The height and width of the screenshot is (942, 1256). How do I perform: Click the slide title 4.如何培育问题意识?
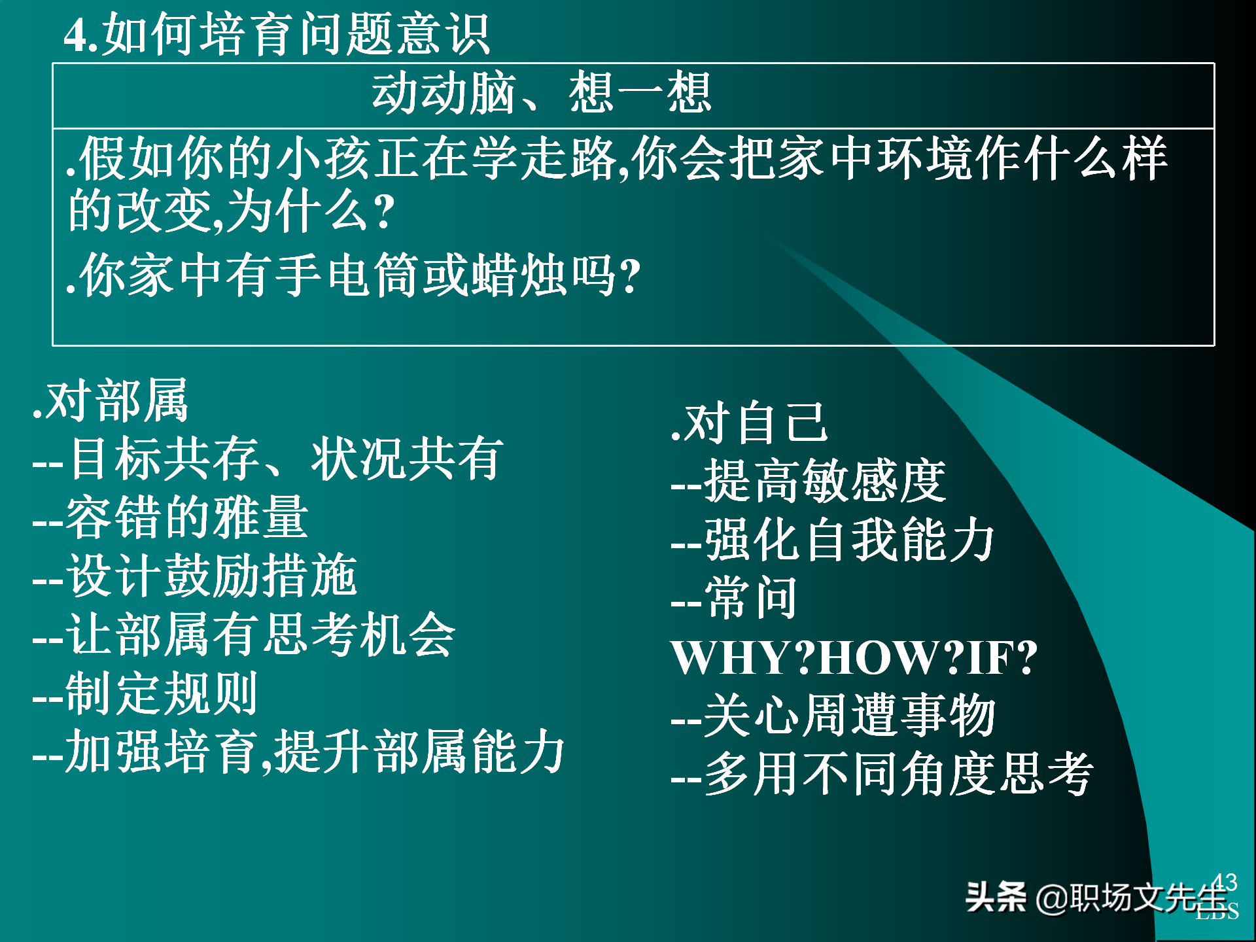point(277,34)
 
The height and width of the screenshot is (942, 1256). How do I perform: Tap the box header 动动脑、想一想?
point(542,94)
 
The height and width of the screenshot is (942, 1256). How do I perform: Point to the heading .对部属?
point(111,400)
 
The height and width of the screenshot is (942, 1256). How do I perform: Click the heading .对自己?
point(750,423)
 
